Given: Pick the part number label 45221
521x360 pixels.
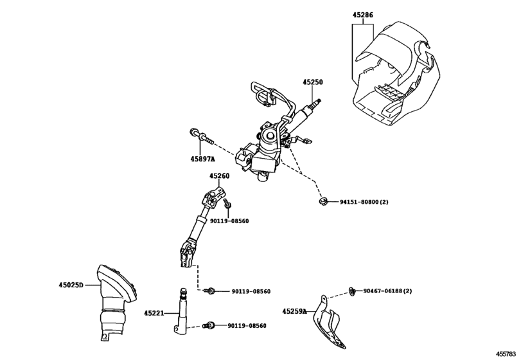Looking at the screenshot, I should (154, 313).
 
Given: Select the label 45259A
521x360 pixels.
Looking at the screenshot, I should (295, 311).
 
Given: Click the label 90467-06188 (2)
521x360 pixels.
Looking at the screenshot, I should (387, 291).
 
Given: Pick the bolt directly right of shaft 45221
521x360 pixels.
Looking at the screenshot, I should (209, 326).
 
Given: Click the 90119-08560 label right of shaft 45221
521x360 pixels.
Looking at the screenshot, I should (247, 326).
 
